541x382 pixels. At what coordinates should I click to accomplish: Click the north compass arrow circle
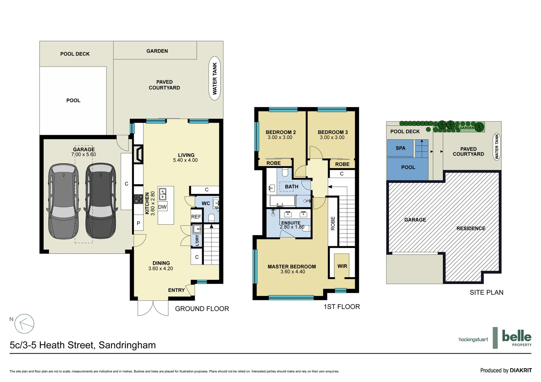click(x=24, y=324)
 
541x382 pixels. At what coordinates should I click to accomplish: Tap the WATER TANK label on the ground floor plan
click(x=215, y=79)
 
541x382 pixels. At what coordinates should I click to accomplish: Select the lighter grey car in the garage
click(x=64, y=201)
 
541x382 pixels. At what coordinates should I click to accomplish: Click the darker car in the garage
click(x=101, y=201)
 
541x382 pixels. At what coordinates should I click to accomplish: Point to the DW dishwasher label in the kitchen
click(x=162, y=207)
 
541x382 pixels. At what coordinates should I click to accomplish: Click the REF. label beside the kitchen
click(x=196, y=217)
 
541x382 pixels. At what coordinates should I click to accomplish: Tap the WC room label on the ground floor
click(x=206, y=203)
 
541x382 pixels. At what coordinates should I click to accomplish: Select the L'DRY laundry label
click(x=197, y=240)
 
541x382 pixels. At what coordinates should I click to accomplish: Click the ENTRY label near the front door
click(x=176, y=290)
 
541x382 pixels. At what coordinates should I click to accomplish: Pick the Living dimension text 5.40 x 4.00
click(x=185, y=160)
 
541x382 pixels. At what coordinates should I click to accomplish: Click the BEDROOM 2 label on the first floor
click(x=280, y=132)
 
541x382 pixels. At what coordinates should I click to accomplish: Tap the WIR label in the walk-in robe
click(x=342, y=266)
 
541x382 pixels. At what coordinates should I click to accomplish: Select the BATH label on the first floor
click(x=291, y=186)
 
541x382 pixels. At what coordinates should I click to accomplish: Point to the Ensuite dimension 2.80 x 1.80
click(x=292, y=227)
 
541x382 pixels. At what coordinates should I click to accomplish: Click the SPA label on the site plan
click(x=400, y=148)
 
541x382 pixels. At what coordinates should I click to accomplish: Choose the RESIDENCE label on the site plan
click(x=471, y=228)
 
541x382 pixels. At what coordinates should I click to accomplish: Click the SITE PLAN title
click(x=486, y=293)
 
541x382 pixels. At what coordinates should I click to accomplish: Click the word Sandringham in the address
click(x=127, y=345)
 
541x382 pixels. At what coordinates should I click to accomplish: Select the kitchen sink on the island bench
click(x=163, y=194)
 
